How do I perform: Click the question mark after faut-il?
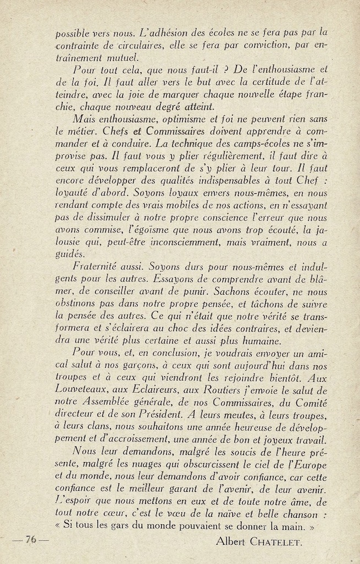[187, 70]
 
